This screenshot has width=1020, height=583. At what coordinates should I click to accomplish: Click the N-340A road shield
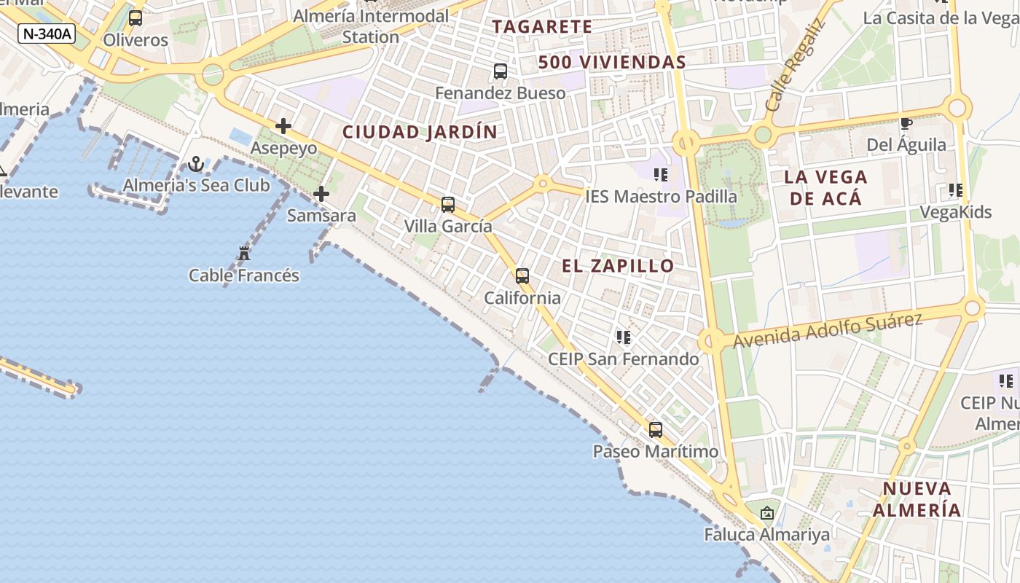[47, 34]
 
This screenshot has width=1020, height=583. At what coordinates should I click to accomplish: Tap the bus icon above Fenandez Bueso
[501, 71]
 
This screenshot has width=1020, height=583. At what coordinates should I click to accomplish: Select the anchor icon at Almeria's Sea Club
[195, 164]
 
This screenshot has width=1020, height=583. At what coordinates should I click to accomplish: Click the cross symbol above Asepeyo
[283, 127]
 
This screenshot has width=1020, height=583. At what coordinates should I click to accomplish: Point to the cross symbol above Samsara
[321, 194]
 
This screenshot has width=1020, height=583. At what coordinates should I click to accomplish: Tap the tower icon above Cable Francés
[244, 254]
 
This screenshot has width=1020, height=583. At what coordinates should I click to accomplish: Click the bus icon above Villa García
[448, 205]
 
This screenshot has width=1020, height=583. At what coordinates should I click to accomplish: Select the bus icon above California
[522, 276]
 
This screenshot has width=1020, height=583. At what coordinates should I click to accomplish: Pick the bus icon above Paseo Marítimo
[656, 430]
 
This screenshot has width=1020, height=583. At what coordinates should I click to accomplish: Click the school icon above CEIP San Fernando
[624, 337]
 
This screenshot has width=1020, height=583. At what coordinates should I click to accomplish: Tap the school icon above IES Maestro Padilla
[661, 175]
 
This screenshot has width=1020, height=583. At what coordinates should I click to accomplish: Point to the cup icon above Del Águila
[906, 124]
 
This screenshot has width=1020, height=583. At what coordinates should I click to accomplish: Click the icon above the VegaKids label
[956, 191]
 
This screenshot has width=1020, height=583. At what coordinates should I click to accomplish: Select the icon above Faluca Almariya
[766, 513]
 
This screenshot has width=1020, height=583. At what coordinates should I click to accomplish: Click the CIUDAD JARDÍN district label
[420, 132]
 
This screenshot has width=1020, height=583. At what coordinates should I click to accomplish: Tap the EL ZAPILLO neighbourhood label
[619, 266]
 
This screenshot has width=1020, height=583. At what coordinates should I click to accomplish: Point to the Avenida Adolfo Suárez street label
[828, 330]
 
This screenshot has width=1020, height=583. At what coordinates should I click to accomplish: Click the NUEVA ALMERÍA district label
[917, 499]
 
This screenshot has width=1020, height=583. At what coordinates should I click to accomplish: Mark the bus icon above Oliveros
[136, 18]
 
